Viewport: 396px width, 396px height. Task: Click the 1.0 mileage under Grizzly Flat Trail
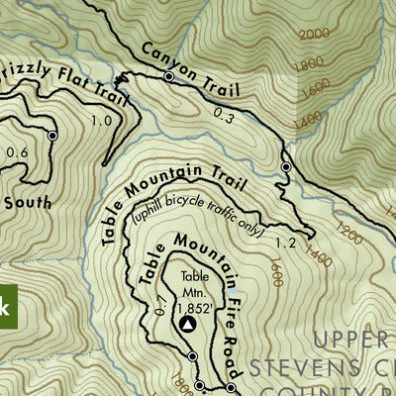click(x=101, y=121)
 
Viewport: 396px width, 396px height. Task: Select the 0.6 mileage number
click(x=16, y=152)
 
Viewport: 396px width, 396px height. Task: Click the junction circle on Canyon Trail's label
click(x=168, y=76)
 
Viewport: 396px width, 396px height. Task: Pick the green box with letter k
click(x=4, y=307)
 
